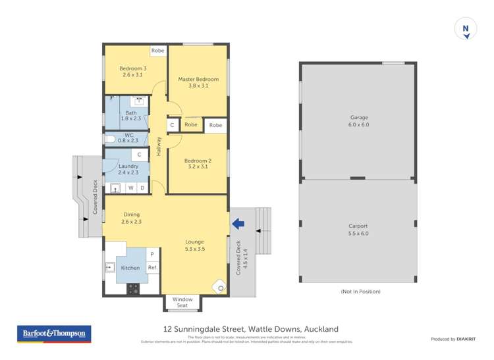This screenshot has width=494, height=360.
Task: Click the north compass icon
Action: [x=466, y=30]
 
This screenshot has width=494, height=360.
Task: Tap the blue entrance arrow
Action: [x=238, y=224]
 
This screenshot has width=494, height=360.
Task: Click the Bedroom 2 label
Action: [x=198, y=164]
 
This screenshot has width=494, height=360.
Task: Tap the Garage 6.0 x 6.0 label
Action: [x=358, y=121]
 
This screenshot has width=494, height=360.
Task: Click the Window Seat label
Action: [x=183, y=302]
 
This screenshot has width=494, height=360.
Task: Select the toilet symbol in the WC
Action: [x=111, y=139]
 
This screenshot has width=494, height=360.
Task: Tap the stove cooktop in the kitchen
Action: [x=134, y=288]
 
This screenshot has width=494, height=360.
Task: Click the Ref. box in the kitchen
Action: [x=152, y=267]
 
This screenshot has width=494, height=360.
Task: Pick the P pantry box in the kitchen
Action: [x=152, y=254]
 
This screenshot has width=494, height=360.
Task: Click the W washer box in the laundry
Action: [x=130, y=188]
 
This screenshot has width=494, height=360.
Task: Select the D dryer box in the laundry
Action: [x=142, y=188]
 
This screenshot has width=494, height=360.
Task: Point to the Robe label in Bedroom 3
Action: [x=158, y=51]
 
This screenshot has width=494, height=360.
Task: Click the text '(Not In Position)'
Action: [x=360, y=291]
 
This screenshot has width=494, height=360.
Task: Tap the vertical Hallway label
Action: [x=159, y=146]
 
